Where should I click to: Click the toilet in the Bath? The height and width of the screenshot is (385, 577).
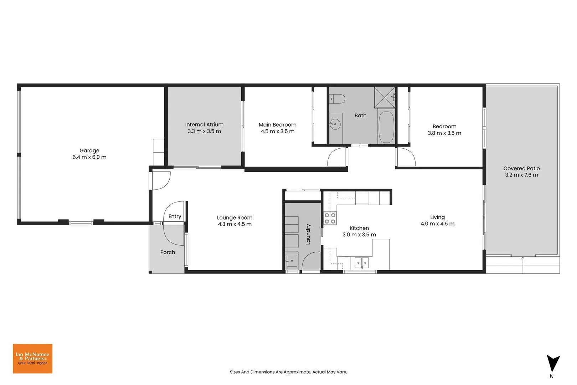[x=337, y=99]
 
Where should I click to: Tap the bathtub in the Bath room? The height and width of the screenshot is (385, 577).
[x=386, y=127]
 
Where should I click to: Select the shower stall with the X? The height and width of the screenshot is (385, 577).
[x=385, y=98]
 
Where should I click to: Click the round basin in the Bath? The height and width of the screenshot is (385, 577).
[x=335, y=124]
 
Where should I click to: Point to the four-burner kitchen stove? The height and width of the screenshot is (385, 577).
[x=330, y=218]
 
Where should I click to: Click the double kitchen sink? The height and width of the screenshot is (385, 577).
[x=362, y=263]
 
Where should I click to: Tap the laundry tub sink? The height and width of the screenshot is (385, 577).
[x=291, y=261]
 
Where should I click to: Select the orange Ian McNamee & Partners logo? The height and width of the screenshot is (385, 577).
[x=33, y=359]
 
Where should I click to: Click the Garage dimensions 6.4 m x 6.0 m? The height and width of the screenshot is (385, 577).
[x=89, y=157]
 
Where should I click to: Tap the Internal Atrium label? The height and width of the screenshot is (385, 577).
[x=204, y=124]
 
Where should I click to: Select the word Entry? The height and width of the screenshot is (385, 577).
[x=175, y=216]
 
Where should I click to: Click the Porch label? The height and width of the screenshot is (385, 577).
[x=168, y=252]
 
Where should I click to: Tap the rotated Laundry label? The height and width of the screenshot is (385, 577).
[x=308, y=234]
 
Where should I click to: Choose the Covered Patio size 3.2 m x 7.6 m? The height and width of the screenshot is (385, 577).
[x=522, y=175]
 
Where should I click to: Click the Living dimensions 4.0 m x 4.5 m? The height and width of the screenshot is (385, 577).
[x=438, y=224]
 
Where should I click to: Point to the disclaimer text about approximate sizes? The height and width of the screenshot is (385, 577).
[x=289, y=372]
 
